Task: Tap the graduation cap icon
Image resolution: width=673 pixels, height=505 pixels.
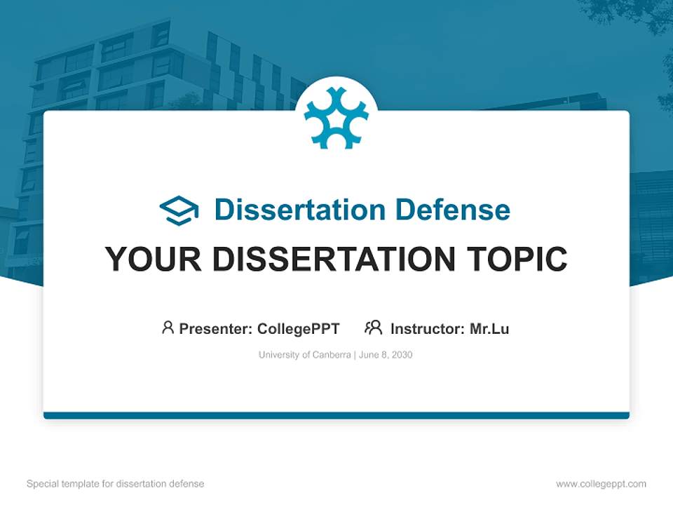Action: [179, 210]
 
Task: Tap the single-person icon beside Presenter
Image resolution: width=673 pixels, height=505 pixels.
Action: [168, 328]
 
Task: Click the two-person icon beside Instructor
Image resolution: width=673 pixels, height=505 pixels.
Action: [373, 328]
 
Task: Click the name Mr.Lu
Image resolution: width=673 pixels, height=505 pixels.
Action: [489, 328]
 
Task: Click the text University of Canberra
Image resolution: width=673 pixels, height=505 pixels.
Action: [304, 355]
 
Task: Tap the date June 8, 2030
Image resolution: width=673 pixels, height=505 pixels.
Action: [386, 355]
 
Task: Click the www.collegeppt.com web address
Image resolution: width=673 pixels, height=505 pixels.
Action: [601, 484]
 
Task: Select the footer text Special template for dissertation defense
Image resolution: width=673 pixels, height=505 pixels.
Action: [115, 484]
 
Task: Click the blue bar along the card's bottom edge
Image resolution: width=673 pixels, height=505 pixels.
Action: [336, 415]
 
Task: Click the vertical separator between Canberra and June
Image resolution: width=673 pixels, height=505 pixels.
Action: [355, 355]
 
